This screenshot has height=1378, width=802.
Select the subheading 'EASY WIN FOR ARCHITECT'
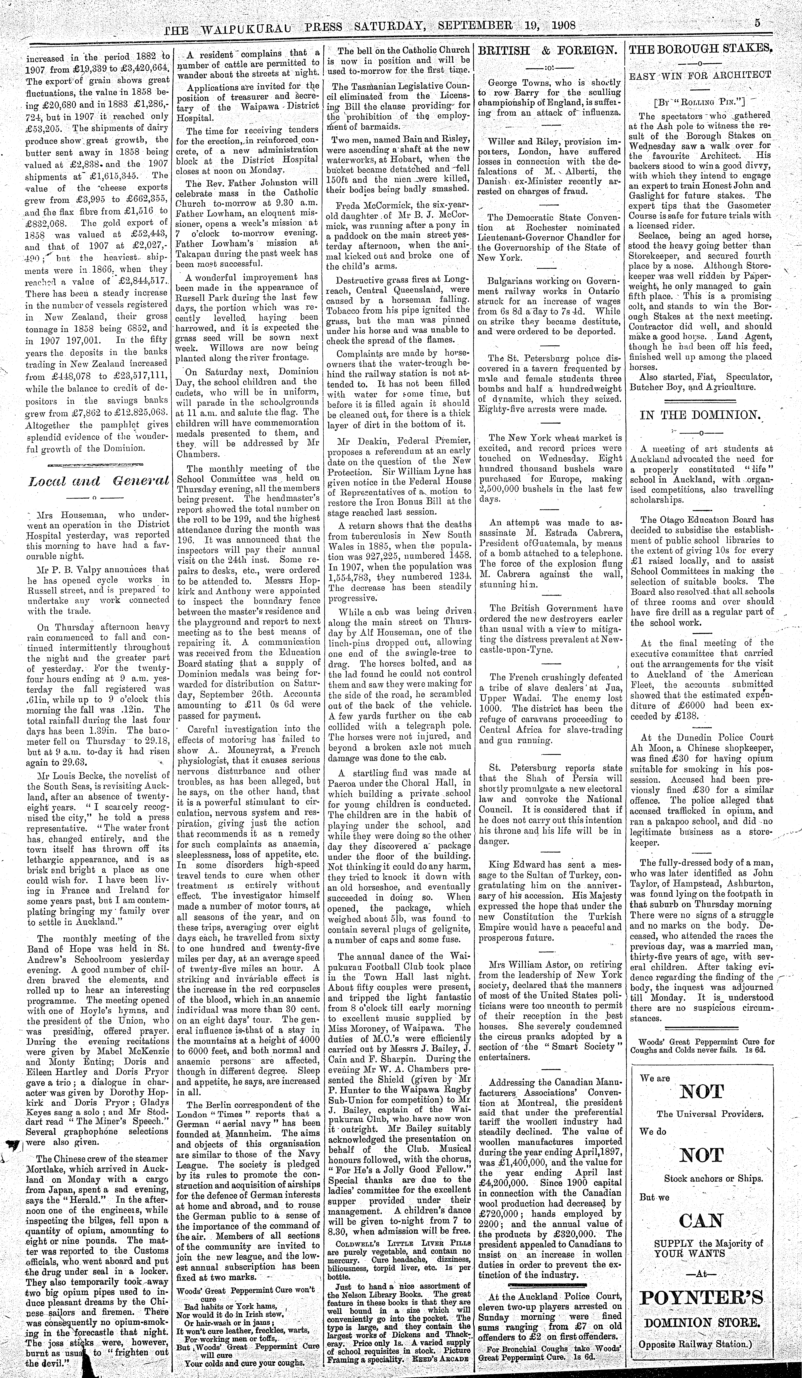coord(701,75)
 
